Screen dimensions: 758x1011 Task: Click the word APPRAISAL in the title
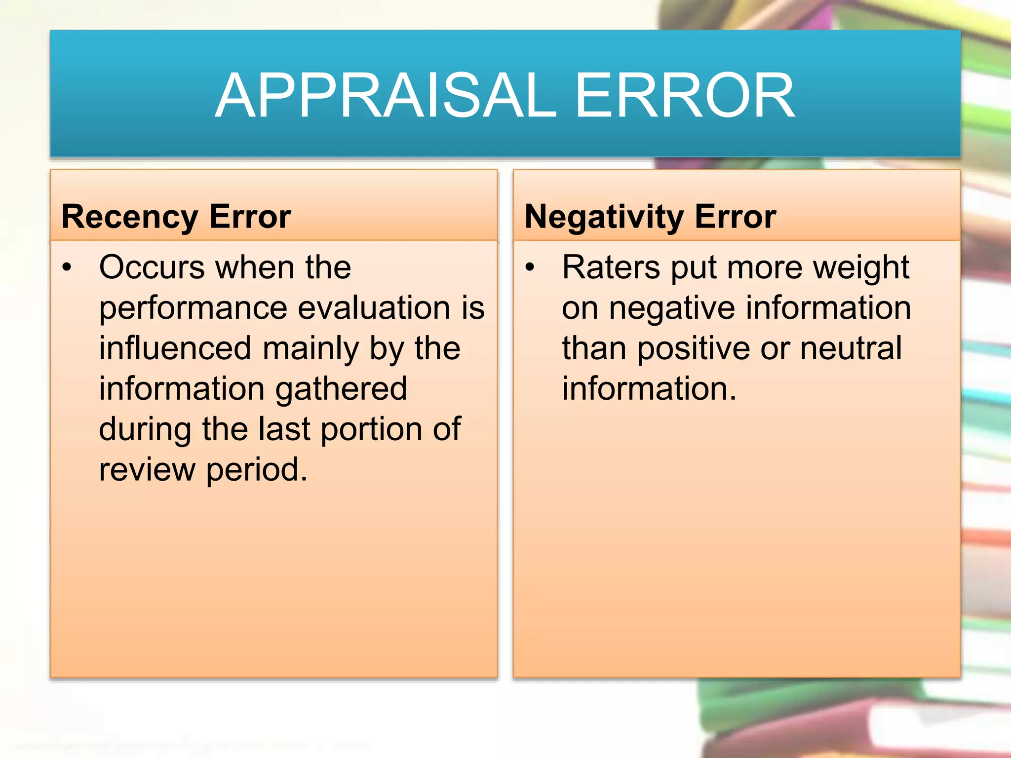pos(386,95)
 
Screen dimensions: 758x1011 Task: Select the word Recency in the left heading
pos(129,217)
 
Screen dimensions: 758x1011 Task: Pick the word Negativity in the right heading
pos(604,217)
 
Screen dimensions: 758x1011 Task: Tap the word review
pos(147,470)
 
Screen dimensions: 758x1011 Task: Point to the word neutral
pos(851,348)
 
